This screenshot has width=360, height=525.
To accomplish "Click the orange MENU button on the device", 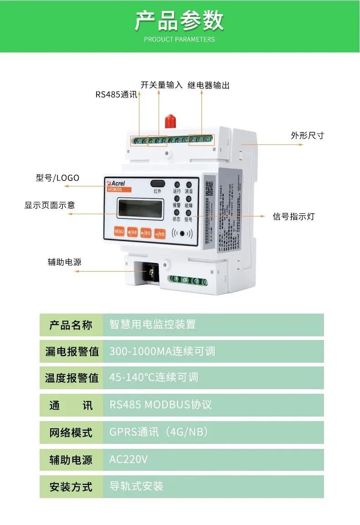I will [119, 232].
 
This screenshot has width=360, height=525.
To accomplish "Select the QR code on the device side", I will [209, 187].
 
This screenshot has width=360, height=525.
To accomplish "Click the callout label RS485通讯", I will [116, 95].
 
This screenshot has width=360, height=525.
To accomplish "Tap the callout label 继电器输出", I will [208, 85].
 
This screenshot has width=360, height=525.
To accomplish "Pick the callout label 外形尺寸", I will [307, 135].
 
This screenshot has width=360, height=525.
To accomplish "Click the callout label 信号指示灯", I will [293, 216].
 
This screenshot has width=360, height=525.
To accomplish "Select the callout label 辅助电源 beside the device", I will [64, 262].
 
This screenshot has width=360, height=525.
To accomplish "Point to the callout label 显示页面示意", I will [50, 205].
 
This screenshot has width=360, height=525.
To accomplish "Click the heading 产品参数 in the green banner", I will [180, 21].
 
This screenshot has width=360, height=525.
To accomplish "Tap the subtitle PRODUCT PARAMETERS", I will [180, 39].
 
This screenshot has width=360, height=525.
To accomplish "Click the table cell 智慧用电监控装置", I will [153, 324].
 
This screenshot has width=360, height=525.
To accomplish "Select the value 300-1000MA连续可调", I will [162, 351].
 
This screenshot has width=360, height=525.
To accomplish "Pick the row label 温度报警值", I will [72, 378].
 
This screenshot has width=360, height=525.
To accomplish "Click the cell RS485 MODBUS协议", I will [160, 405].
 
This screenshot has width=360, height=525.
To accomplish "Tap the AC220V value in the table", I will [129, 459].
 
